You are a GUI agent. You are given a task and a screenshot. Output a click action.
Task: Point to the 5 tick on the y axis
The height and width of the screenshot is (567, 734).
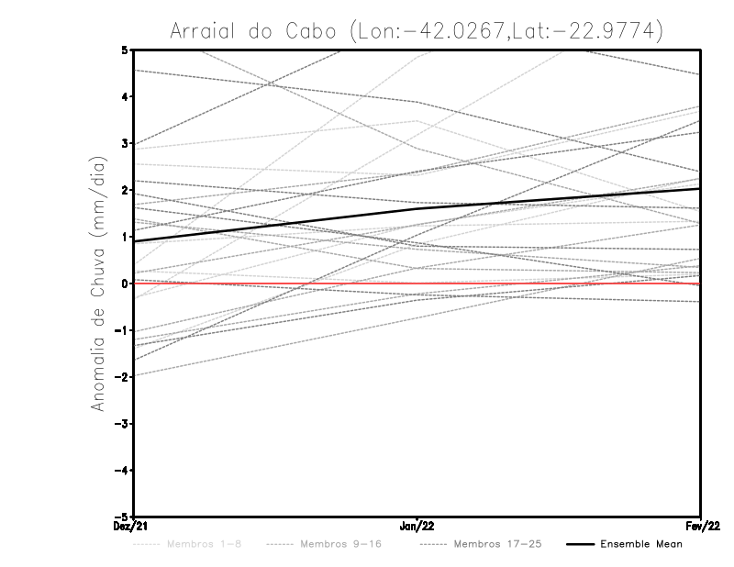point(124,50)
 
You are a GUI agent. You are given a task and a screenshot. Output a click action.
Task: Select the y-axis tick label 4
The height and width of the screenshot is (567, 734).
point(124,96)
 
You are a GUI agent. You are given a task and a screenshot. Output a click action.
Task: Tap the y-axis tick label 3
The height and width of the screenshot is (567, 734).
point(124,143)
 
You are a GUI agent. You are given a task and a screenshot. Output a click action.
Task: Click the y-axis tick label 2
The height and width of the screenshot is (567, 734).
point(124,190)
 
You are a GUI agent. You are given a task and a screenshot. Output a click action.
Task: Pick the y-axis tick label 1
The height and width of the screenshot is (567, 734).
point(124,237)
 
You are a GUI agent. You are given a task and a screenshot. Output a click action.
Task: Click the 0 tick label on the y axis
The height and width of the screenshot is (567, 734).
point(124,283)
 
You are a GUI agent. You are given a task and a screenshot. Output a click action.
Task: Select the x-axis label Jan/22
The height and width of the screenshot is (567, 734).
point(417,527)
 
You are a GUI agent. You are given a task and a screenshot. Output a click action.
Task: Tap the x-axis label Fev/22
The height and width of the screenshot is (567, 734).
point(701,527)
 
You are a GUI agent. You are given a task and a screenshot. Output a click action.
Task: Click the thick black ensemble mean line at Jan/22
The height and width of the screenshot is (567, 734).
point(417,208)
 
